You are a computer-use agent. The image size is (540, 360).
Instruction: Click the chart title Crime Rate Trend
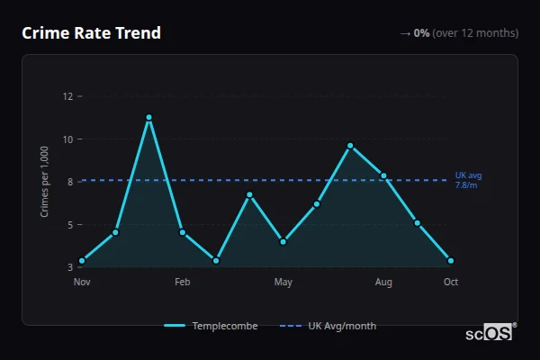pyautogui.click(x=91, y=33)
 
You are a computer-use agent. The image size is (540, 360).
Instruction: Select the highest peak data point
pyautogui.click(x=148, y=117)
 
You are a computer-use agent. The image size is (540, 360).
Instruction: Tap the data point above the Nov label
pyautogui.click(x=82, y=261)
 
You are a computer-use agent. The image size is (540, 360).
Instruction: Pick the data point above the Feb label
pyautogui.click(x=183, y=232)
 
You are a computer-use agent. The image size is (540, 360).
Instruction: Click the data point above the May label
pyautogui.click(x=283, y=241)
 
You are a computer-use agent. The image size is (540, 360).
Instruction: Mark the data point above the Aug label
pyautogui.click(x=384, y=175)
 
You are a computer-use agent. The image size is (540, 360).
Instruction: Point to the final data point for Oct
pyautogui.click(x=451, y=261)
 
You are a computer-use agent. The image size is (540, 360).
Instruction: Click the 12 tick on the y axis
pyautogui.click(x=68, y=96)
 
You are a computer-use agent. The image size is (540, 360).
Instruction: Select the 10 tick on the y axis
pyautogui.click(x=68, y=139)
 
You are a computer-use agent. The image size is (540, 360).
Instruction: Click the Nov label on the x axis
pyautogui.click(x=82, y=283)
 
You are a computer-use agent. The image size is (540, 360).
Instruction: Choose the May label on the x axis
pyautogui.click(x=283, y=283)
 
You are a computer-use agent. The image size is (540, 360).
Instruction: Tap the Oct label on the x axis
pyautogui.click(x=451, y=283)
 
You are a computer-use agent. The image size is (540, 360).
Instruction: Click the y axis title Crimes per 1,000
pyautogui.click(x=45, y=182)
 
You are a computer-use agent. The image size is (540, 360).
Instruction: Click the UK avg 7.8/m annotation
pyautogui.click(x=468, y=180)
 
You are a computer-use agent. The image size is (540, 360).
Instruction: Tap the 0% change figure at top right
pyautogui.click(x=421, y=33)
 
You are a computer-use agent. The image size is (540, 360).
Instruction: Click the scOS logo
pyautogui.click(x=490, y=332)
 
